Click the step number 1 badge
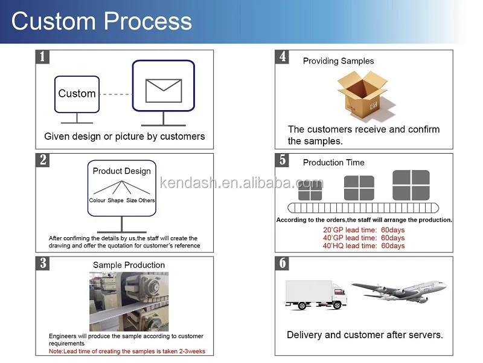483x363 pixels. click(x=42, y=57)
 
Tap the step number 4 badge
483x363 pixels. click(x=282, y=57)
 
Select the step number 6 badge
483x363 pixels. click(x=282, y=263)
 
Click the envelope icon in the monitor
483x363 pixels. click(x=164, y=91)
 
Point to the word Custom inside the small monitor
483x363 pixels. click(x=77, y=94)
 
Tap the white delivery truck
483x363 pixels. click(x=316, y=295)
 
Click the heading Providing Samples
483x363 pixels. click(x=338, y=61)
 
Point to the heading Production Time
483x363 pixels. click(x=334, y=162)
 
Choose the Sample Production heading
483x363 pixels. click(x=129, y=265)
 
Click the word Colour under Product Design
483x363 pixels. click(x=97, y=200)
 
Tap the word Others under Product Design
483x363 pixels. click(x=147, y=200)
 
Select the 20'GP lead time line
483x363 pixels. click(x=364, y=230)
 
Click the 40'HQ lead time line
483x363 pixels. click(x=364, y=246)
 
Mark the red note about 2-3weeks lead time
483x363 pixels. click(x=127, y=352)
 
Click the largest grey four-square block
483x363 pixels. click(x=411, y=185)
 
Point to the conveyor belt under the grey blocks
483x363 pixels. click(x=363, y=208)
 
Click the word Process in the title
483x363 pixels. click(x=148, y=21)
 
